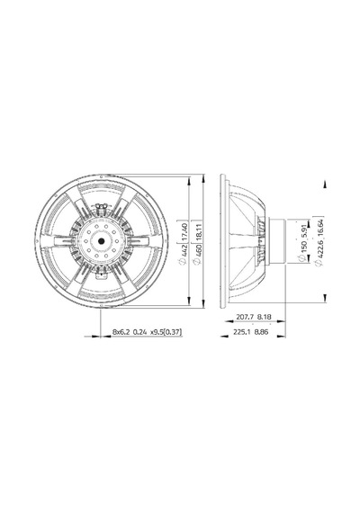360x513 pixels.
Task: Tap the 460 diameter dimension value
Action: [197, 250]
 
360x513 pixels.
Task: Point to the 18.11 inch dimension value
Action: [197, 231]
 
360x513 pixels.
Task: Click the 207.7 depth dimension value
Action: [244, 317]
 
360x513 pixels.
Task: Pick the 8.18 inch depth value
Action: [264, 317]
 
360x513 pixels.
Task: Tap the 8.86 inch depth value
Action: [262, 332]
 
